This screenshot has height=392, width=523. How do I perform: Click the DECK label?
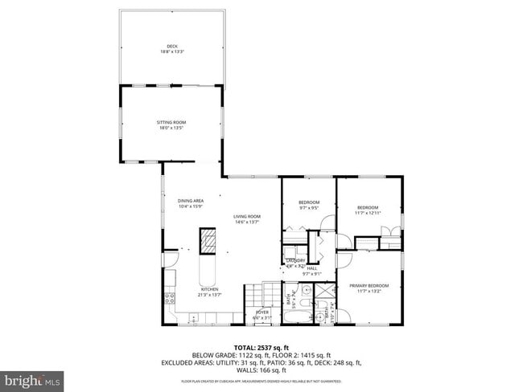(x=171, y=47)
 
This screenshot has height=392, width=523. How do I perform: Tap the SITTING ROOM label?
(x=171, y=122)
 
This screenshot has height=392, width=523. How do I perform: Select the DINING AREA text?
(x=190, y=201)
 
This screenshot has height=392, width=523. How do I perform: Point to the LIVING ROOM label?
(x=247, y=216)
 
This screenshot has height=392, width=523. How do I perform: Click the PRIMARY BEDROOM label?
(x=369, y=286)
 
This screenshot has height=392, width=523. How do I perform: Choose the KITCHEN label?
(x=209, y=289)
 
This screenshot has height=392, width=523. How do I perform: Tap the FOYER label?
(x=262, y=312)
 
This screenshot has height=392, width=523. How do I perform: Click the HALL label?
(x=311, y=268)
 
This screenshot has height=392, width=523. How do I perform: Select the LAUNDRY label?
(x=295, y=260)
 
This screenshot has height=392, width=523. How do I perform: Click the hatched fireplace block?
(x=208, y=240)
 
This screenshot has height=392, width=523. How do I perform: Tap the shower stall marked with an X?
(x=325, y=291)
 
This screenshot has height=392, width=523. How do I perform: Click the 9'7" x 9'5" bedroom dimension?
(x=309, y=207)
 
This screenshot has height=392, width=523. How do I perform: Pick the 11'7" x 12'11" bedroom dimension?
(x=368, y=213)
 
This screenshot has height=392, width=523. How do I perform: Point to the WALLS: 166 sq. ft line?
(x=261, y=370)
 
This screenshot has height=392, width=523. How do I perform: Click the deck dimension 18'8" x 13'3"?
(x=171, y=52)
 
